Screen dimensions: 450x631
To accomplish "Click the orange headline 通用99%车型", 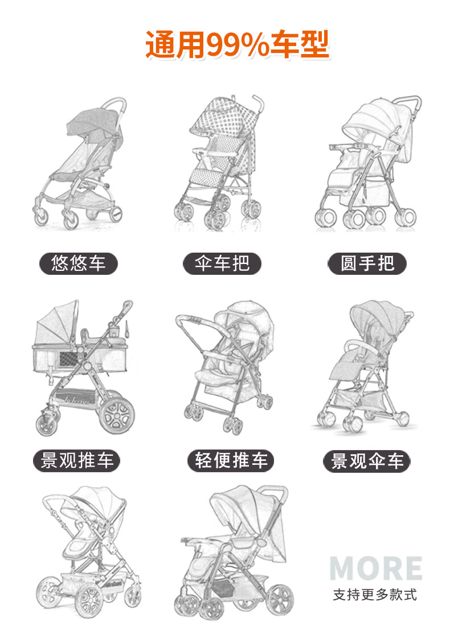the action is pos(237,45).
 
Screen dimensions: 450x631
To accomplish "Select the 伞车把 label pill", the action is pos(222,263).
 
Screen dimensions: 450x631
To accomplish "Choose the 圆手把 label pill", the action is pos(367,263).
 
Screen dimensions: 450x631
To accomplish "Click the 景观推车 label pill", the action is pos(77,460).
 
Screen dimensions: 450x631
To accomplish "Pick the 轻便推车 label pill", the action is pos(231,460).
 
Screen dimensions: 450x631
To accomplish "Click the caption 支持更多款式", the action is pos(375,595).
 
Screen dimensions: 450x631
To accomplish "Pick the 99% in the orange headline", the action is pos(239,45).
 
